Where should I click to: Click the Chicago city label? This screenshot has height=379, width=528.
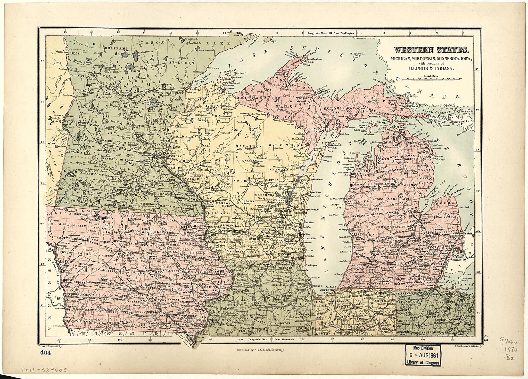click(317, 286)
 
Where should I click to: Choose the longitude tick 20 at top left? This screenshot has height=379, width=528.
click(65, 33)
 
